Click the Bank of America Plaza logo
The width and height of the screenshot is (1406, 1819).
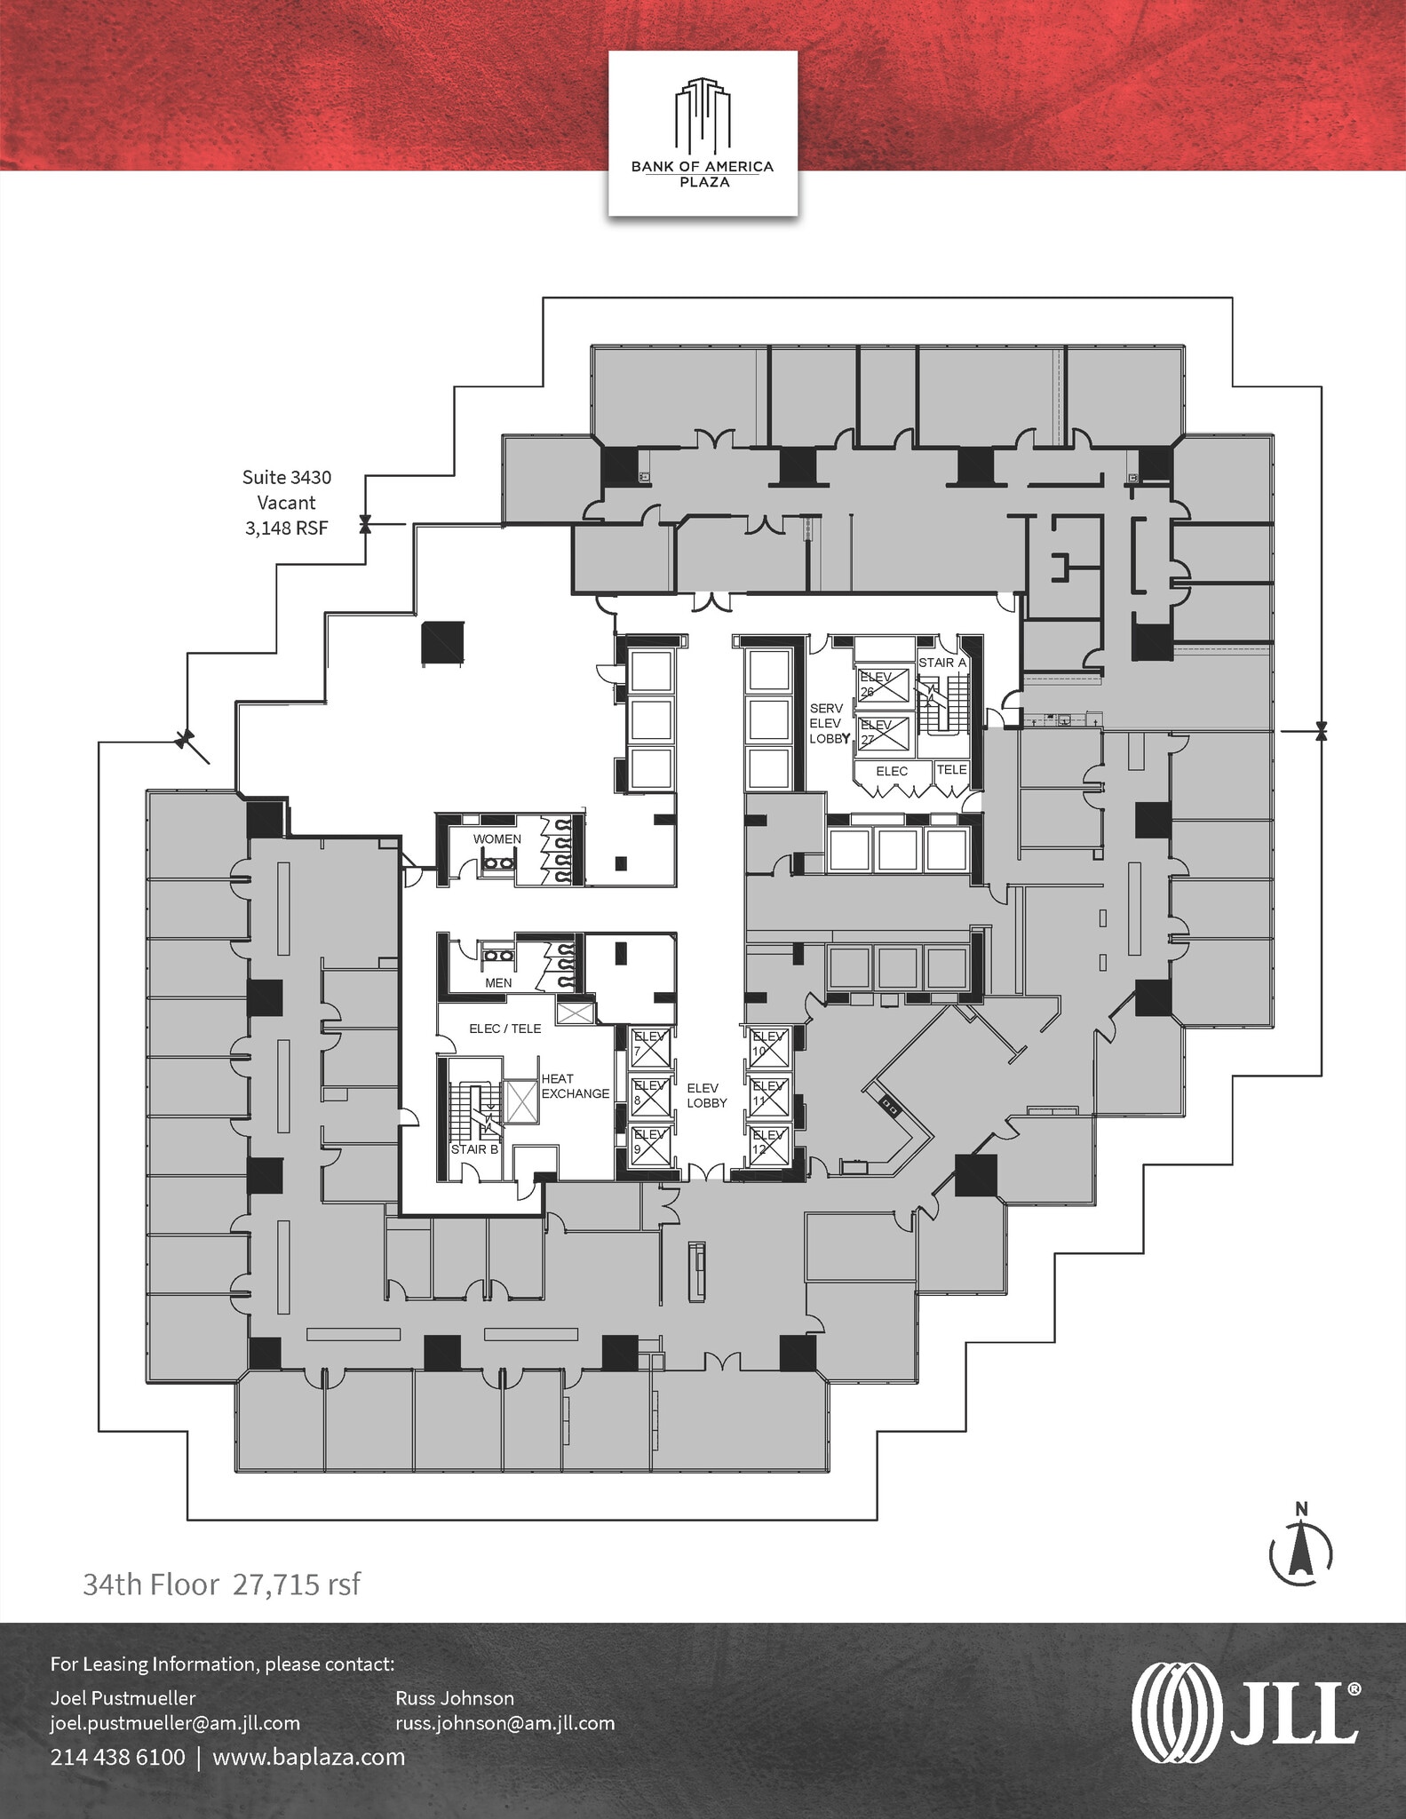(x=703, y=133)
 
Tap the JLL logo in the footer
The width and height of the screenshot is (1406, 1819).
(x=1245, y=1712)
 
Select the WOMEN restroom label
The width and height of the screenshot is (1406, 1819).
(x=497, y=839)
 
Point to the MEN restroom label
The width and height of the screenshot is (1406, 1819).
(x=498, y=983)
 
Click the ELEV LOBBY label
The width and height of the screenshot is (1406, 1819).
(x=707, y=1095)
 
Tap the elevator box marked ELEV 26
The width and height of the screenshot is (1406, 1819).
(x=884, y=685)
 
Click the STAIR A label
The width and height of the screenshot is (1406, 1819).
(x=942, y=663)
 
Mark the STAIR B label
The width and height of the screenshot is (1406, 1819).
(x=474, y=1149)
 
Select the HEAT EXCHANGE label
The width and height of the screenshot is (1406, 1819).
(x=576, y=1086)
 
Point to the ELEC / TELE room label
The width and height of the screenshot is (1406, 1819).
(x=504, y=1029)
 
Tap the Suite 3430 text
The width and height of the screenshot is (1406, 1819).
(x=287, y=478)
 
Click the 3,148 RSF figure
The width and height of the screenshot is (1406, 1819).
(x=287, y=528)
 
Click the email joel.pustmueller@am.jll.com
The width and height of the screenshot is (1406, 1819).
(x=175, y=1723)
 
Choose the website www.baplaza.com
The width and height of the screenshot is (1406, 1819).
(x=309, y=1757)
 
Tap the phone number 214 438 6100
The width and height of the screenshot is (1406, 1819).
(x=118, y=1757)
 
